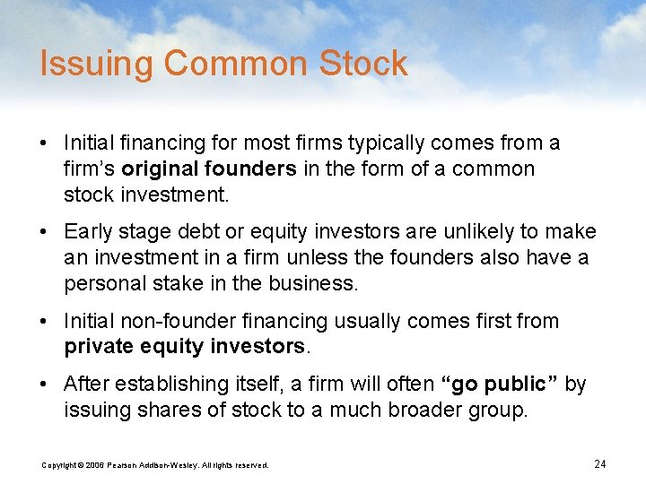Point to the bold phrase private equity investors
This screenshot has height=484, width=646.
click(186, 347)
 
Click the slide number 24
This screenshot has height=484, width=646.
click(600, 463)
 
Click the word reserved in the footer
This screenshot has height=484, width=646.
click(251, 464)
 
